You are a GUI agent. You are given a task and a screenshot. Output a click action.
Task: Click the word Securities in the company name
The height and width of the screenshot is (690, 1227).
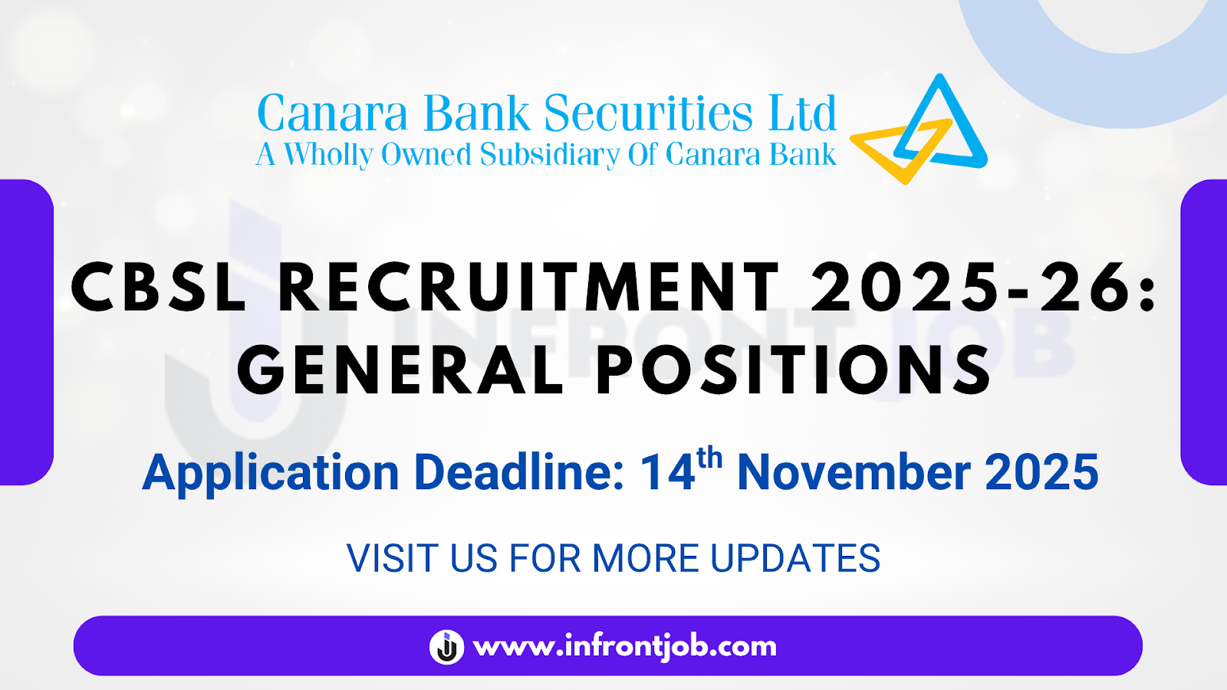(648, 113)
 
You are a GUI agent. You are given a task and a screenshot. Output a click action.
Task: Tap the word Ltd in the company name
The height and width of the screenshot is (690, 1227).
(802, 113)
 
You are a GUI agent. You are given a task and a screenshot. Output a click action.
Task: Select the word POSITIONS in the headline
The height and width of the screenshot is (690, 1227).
(794, 370)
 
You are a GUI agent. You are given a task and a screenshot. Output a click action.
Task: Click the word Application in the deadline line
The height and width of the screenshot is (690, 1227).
(271, 472)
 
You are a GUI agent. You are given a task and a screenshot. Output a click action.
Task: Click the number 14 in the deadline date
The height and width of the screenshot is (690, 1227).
(667, 472)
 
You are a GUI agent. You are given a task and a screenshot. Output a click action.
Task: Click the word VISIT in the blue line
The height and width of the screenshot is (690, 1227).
(392, 558)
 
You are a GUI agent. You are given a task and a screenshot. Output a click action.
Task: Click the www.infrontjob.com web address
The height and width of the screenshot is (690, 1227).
(625, 646)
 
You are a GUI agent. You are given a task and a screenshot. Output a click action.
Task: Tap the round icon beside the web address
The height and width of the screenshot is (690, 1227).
(446, 646)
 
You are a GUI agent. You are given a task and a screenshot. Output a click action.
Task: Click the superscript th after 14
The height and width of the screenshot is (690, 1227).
(709, 458)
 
